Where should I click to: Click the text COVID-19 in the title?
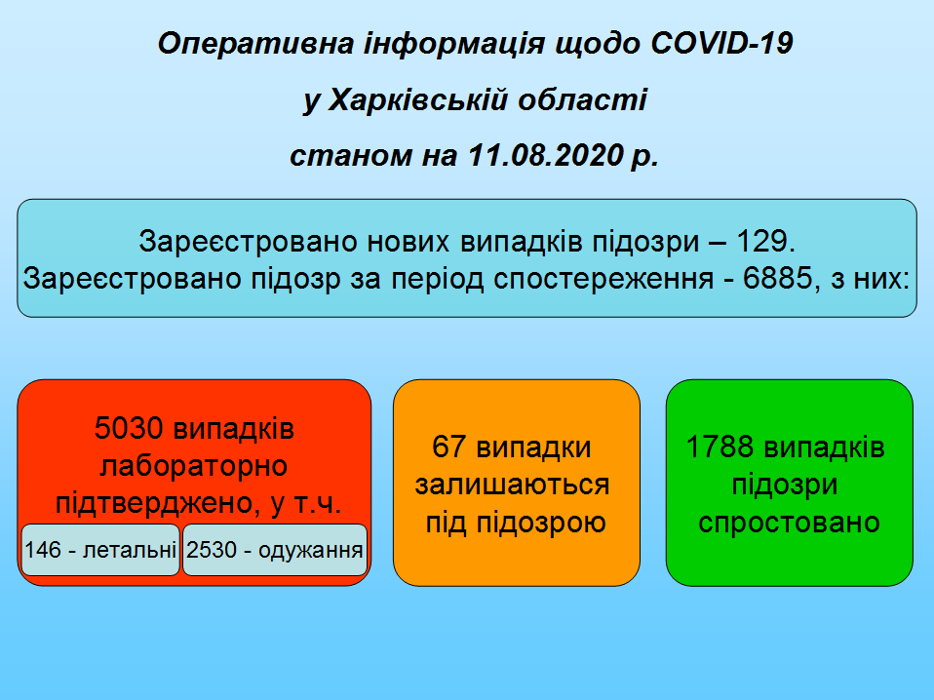(x=721, y=44)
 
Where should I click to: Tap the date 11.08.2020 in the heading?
(x=546, y=155)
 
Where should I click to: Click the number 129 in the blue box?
(x=760, y=241)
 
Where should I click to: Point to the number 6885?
(x=777, y=278)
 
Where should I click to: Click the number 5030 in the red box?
(x=129, y=428)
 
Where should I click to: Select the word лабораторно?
(x=194, y=465)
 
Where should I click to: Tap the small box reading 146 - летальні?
(x=100, y=550)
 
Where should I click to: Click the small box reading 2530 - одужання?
(x=275, y=550)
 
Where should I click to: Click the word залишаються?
(x=512, y=485)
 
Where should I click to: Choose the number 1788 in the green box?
(x=720, y=447)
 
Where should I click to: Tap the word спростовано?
(x=790, y=522)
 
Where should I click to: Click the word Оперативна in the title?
(x=256, y=44)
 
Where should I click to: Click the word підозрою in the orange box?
(x=541, y=522)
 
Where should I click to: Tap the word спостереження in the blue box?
(x=603, y=278)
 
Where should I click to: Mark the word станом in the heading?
(x=351, y=155)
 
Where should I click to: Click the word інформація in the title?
(x=454, y=44)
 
